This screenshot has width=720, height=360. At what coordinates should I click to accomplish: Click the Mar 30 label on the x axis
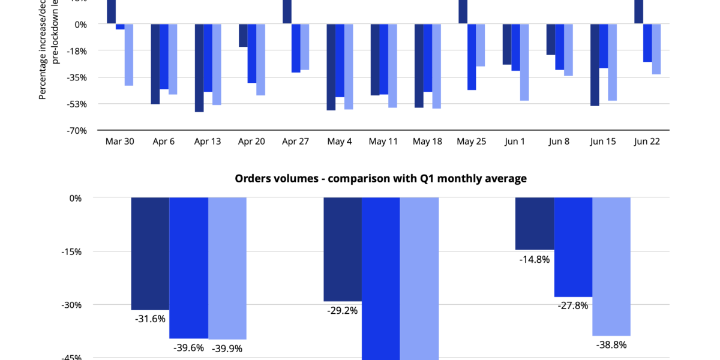pos(119,142)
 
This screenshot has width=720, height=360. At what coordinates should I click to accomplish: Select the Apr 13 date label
pos(208,142)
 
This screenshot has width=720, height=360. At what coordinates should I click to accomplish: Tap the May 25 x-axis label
pos(472,142)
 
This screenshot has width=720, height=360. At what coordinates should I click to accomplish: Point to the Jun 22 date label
pos(648,142)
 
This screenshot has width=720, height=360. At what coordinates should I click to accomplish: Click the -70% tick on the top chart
pos(77,130)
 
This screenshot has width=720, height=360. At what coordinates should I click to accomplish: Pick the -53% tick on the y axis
pos(77,104)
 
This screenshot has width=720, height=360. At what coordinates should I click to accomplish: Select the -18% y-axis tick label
pos(77,51)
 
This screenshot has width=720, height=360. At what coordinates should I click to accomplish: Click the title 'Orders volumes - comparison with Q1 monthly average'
pos(380,178)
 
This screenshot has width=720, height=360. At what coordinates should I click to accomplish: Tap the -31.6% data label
pos(150,319)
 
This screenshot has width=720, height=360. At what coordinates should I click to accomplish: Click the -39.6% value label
pos(188,347)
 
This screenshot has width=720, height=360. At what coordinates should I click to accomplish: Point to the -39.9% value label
pos(227,348)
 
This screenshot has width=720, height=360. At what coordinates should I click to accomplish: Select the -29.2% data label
pos(342,311)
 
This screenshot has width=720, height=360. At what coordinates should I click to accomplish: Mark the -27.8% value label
pos(573,305)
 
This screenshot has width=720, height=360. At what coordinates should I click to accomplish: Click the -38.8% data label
pos(611,345)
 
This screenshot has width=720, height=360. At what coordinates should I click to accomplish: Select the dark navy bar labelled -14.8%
pos(535,223)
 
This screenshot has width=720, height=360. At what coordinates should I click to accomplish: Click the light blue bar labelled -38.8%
pos(611,266)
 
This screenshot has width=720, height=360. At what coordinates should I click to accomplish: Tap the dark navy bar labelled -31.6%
pos(150,253)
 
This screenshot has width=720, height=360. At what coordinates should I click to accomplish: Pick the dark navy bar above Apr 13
pos(199,68)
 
